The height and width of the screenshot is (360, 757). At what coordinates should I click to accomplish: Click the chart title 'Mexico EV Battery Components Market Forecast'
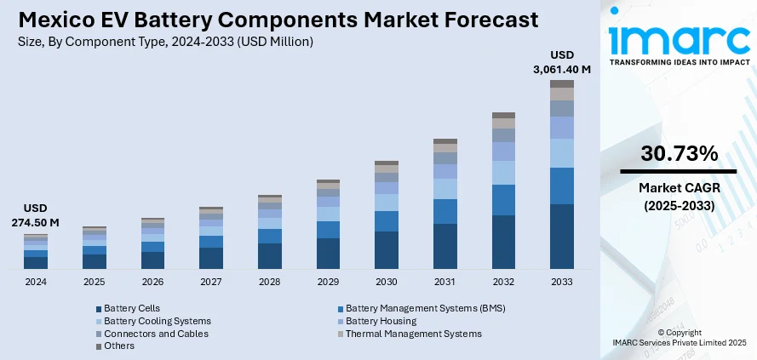(x=278, y=19)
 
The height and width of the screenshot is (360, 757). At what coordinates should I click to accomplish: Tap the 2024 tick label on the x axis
(x=36, y=282)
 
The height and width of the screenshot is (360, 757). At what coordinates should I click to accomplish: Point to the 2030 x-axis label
(x=386, y=282)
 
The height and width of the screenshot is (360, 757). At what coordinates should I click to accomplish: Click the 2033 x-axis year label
(x=561, y=282)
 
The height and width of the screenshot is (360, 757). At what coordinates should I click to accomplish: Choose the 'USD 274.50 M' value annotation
(x=36, y=215)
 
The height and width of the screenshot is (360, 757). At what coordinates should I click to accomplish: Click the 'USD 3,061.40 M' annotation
(x=562, y=61)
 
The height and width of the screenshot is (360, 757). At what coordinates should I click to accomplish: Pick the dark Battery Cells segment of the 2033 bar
(x=561, y=237)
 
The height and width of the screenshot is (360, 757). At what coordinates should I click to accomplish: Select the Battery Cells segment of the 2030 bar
(x=387, y=250)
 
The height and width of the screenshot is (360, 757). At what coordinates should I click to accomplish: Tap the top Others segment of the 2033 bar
(x=561, y=83)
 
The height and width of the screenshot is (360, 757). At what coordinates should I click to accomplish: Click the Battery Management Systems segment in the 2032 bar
(x=503, y=200)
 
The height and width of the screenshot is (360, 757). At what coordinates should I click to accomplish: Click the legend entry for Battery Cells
(x=131, y=308)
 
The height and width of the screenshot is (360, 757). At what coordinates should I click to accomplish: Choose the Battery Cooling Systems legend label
(x=157, y=321)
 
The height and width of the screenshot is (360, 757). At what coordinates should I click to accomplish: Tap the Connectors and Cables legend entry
(x=156, y=334)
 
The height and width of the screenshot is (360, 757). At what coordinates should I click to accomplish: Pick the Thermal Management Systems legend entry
(x=413, y=334)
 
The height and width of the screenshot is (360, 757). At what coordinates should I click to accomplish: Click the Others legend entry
(x=120, y=346)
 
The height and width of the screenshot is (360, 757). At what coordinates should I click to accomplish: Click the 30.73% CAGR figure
(x=680, y=154)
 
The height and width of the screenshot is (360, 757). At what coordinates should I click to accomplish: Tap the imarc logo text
(x=679, y=40)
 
